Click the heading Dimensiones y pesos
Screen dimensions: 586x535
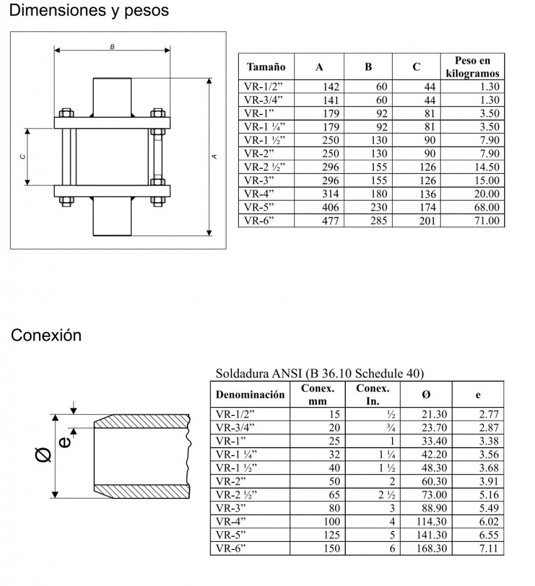pos(89,10)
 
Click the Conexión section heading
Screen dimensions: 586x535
pos(46,335)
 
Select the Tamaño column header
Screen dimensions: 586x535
pos(266,67)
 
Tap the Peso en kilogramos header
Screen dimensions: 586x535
pos(472,67)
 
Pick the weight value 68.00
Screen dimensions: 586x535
pos(486,207)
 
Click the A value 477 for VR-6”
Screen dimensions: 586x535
pos(330,221)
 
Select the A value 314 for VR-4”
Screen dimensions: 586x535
pos(330,194)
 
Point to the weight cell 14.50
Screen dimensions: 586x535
pos(486,167)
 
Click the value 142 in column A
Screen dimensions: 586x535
pos(330,87)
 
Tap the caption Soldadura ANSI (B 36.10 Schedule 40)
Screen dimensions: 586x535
pos(320,374)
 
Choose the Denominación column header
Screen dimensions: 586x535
pos(250,394)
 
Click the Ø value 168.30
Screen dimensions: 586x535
pos(433,548)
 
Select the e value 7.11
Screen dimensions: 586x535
pos(489,548)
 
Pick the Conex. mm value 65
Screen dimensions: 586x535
pos(334,494)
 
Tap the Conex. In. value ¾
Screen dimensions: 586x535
pos(391,427)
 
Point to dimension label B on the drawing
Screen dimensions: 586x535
pos(112,46)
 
